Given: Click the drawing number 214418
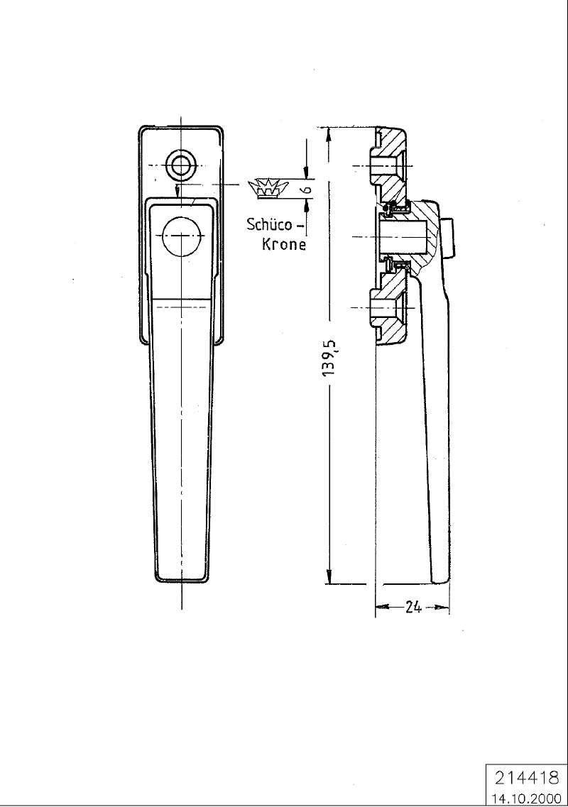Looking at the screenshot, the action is click(x=526, y=777).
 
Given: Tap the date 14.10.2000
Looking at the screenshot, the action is click(x=526, y=798).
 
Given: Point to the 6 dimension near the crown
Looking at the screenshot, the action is click(x=308, y=189).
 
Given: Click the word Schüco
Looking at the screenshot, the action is click(x=270, y=224).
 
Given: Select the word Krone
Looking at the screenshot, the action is click(x=284, y=244).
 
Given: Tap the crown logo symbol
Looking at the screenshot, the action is click(x=266, y=189).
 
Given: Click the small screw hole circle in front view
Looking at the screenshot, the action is click(x=180, y=165).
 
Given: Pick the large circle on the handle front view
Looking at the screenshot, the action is click(x=181, y=235).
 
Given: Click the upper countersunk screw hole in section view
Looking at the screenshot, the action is click(x=386, y=166).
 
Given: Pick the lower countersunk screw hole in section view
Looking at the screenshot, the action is click(x=386, y=308).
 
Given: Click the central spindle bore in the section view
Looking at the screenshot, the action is click(x=403, y=236).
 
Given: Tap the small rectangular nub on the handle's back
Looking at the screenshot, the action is click(x=448, y=237).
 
